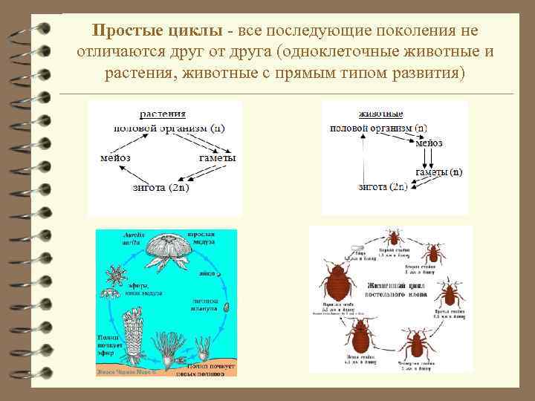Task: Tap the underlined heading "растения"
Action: tap(163, 114)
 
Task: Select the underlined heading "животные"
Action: tap(380, 114)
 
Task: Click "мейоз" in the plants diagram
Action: tap(115, 158)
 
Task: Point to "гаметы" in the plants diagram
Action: tap(218, 158)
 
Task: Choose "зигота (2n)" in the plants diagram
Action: tap(160, 187)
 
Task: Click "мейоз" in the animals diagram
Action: tap(429, 143)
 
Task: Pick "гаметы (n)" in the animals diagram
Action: tap(438, 172)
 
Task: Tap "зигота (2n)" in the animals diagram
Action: tap(383, 187)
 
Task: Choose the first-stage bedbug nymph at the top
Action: tap(392, 238)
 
